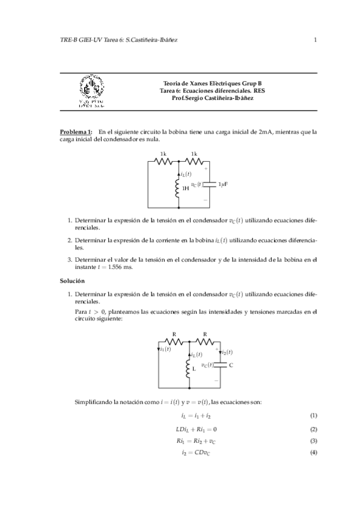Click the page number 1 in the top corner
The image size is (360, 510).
315,40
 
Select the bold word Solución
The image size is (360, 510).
72,281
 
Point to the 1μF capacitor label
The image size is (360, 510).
223,184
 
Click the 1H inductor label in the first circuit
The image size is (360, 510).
186,188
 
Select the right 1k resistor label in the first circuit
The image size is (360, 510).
194,154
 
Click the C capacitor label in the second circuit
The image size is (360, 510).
231,365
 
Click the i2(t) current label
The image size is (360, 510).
227,352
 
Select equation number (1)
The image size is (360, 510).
313,416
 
